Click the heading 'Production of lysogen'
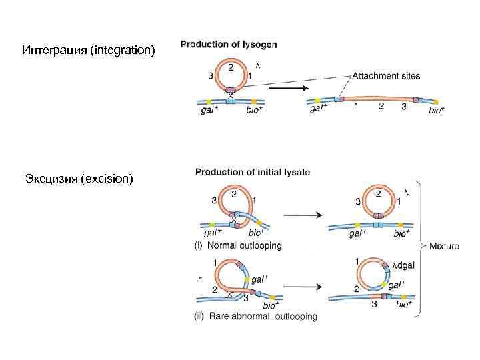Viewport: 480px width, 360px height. [x=229, y=45]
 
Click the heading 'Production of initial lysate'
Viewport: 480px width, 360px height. [x=253, y=171]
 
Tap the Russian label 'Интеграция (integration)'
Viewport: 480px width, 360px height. [x=88, y=50]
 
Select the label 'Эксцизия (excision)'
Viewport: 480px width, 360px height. [x=79, y=179]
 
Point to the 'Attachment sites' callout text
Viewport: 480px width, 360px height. [x=386, y=76]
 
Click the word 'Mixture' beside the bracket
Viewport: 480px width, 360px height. [x=444, y=246]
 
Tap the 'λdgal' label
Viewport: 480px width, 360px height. [x=402, y=265]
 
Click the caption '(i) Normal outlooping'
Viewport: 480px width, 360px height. [x=237, y=245]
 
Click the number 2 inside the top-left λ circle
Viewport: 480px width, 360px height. [x=231, y=67]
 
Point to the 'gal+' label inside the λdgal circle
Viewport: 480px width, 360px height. [x=397, y=284]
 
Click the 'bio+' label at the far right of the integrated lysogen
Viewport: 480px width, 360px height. [x=437, y=110]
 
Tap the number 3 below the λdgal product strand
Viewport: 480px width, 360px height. [x=374, y=303]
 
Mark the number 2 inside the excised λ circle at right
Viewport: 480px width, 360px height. [x=379, y=193]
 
